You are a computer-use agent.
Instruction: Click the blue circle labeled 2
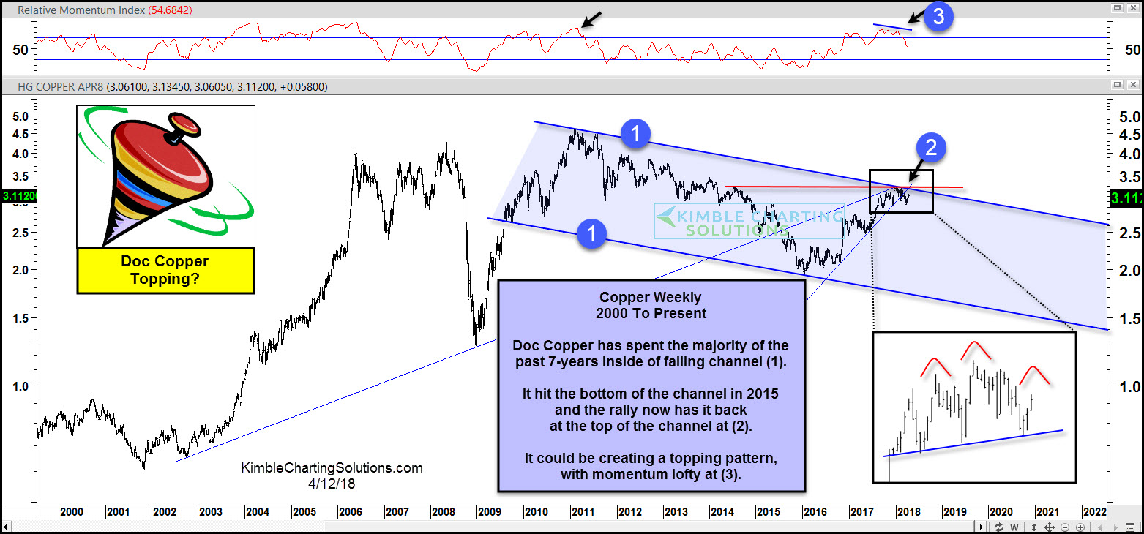coord(931,148)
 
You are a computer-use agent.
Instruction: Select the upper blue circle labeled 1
coord(636,133)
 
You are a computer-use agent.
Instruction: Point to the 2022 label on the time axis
coord(1094,512)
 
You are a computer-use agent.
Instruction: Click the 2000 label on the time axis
coord(70,512)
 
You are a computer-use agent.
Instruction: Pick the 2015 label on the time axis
coord(767,512)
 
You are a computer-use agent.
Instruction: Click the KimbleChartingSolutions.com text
coord(332,467)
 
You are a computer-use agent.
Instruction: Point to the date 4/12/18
coord(332,484)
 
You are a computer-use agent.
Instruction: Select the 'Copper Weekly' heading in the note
coord(651,298)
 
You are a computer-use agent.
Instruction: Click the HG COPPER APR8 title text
coord(62,86)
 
